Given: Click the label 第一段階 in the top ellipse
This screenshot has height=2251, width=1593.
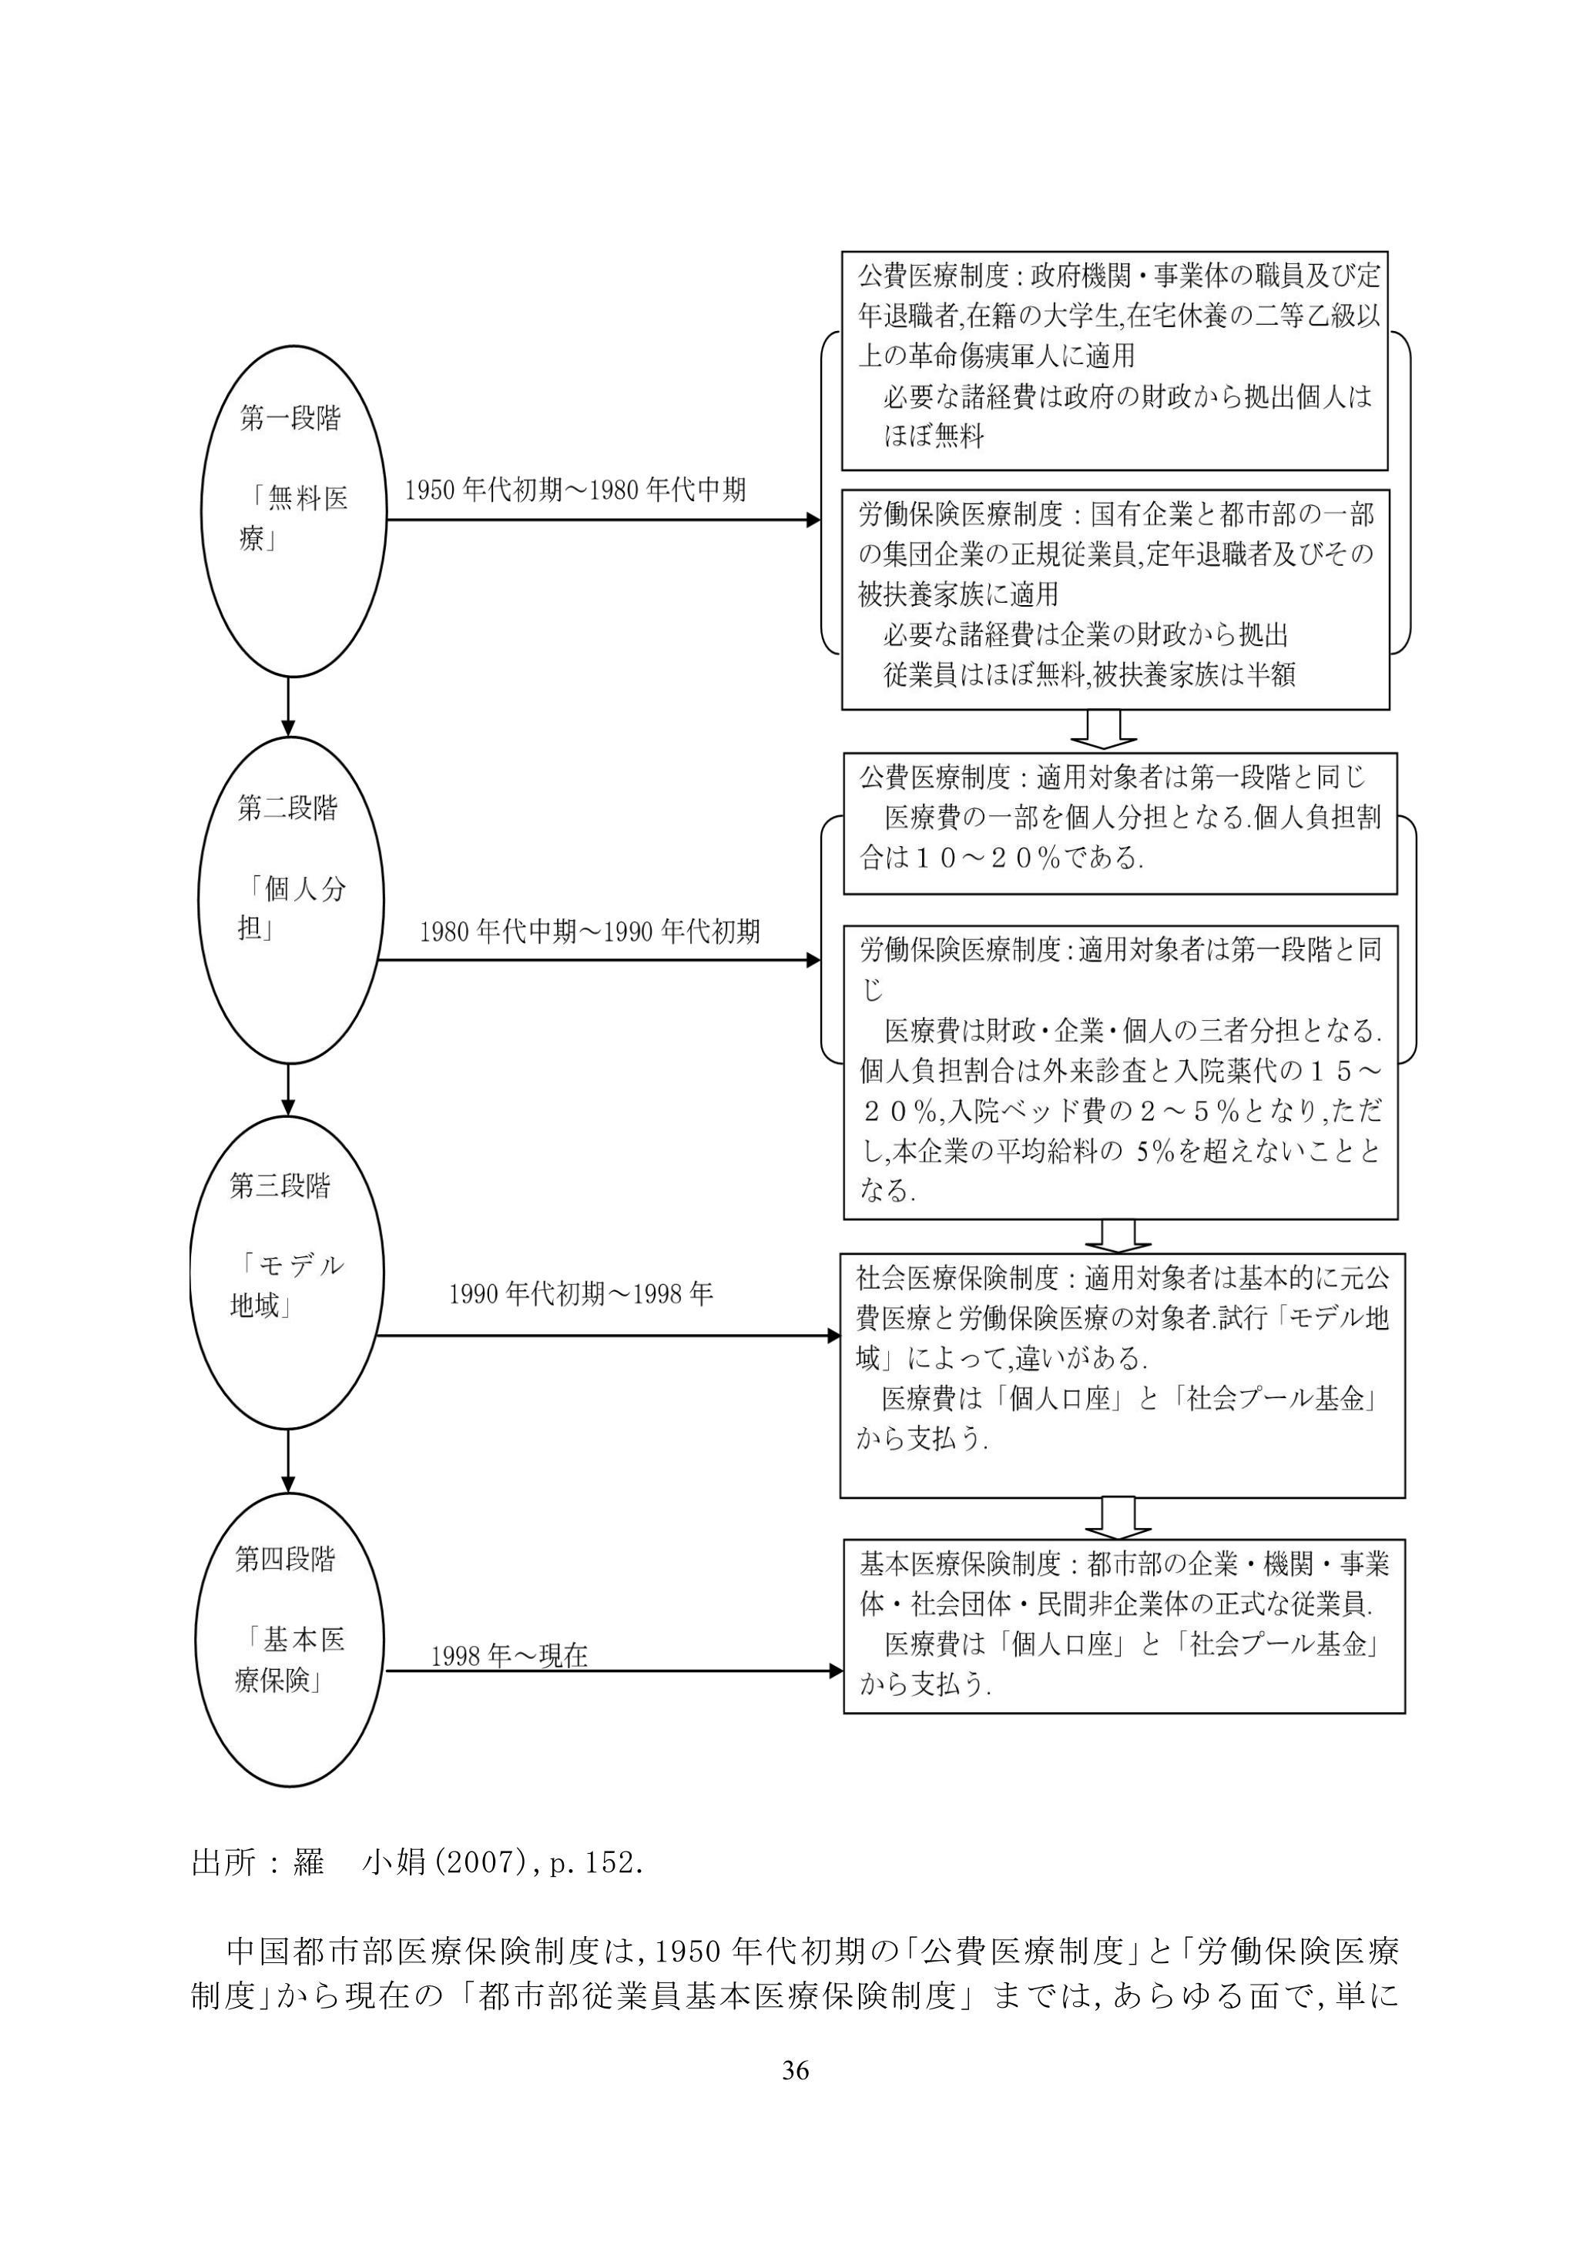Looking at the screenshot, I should click(x=290, y=420).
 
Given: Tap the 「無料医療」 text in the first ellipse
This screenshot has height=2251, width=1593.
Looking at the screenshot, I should click(x=293, y=520).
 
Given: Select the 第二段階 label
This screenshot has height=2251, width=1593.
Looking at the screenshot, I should click(x=287, y=809).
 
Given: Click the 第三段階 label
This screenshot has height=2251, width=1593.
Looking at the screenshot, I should click(x=280, y=1186).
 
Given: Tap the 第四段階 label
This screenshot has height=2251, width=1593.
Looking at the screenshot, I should click(x=284, y=1559).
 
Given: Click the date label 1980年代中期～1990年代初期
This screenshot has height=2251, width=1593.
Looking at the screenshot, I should click(x=589, y=932).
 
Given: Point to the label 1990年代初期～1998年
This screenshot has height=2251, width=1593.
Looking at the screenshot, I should click(x=581, y=1295).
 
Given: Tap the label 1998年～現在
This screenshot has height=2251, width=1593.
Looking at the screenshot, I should click(x=509, y=1656).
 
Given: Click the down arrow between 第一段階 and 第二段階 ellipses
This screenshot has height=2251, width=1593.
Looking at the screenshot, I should click(x=288, y=707).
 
